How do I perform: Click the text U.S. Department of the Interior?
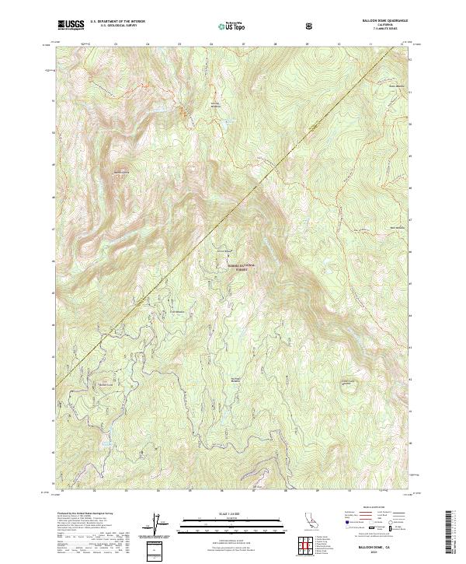(117, 22)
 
